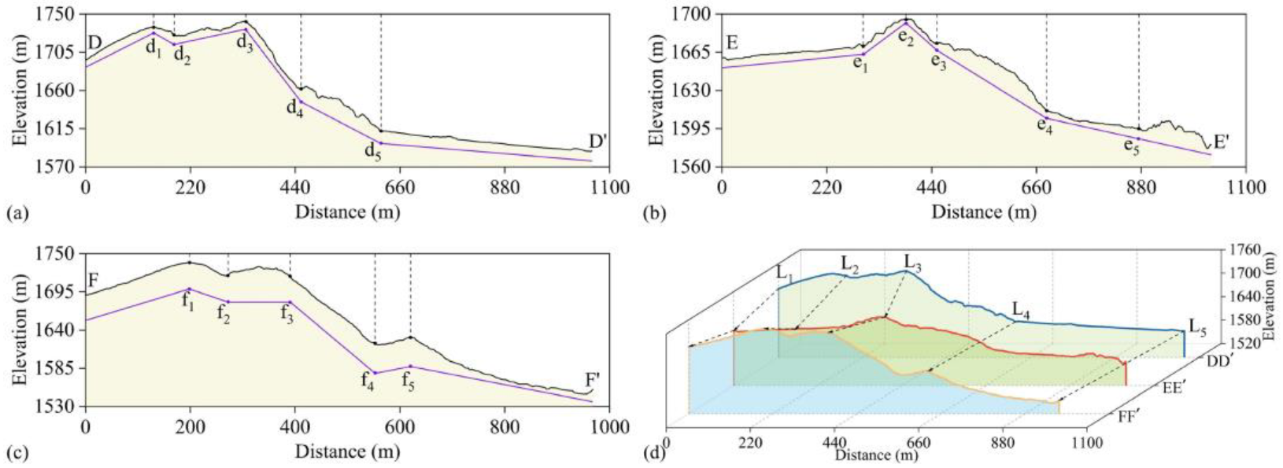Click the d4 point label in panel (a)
pyautogui.click(x=294, y=109)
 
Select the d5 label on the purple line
pyautogui.click(x=372, y=153)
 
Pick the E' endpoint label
pyautogui.click(x=1222, y=142)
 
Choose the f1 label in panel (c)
pyautogui.click(x=188, y=301)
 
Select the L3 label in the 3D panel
pyautogui.click(x=913, y=260)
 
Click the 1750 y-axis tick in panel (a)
pyautogui.click(x=60, y=14)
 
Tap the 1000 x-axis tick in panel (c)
pyautogui.click(x=611, y=428)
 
